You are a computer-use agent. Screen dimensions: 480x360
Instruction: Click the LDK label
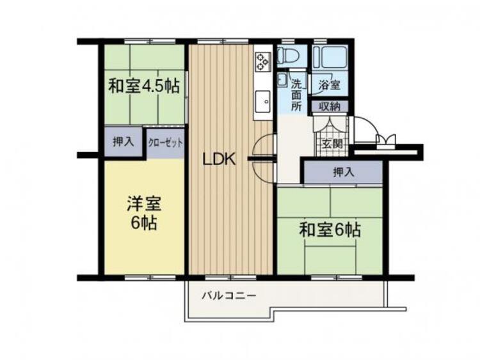[220, 159]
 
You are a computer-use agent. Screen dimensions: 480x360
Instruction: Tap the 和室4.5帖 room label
[144, 86]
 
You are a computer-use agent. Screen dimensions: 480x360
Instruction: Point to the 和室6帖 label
[330, 230]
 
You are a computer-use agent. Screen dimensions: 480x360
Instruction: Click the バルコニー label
[228, 296]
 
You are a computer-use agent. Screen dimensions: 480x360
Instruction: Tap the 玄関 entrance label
[332, 143]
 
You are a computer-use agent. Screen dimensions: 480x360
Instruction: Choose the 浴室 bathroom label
[330, 84]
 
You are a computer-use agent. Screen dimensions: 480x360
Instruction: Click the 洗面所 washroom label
[296, 95]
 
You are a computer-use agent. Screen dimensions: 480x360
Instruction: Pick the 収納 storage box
[330, 107]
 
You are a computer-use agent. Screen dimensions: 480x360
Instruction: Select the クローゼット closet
[165, 143]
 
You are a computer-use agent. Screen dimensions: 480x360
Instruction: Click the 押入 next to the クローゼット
[123, 141]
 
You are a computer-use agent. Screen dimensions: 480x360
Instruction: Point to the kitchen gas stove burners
[263, 60]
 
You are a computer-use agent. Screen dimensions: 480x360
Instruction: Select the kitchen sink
[262, 102]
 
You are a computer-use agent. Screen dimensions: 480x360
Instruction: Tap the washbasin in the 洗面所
[282, 80]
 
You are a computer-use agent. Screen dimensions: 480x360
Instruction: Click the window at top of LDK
[223, 42]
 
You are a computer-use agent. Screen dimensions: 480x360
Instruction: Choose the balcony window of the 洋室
[150, 278]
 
